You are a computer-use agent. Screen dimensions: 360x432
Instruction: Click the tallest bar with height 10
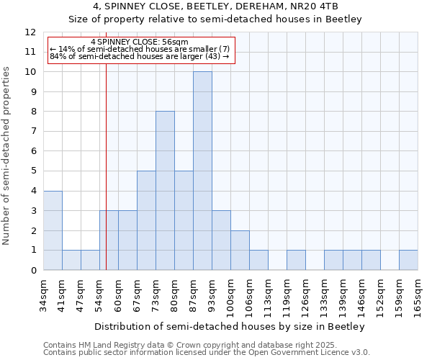(x=202, y=171)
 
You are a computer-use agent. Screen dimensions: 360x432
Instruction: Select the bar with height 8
(x=165, y=191)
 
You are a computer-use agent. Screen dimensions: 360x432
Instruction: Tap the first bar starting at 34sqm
(x=53, y=230)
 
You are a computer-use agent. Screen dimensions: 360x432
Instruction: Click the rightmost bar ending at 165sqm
(x=408, y=260)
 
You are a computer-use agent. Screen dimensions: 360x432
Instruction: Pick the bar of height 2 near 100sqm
(x=240, y=250)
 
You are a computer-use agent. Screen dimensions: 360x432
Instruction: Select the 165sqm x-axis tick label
(x=418, y=294)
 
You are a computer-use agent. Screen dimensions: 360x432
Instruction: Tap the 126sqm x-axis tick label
(x=305, y=294)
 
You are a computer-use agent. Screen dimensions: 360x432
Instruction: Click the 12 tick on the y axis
(x=30, y=32)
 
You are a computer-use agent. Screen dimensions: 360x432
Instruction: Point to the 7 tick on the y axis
(x=33, y=131)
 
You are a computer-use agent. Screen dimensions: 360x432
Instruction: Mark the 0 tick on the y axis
(x=33, y=270)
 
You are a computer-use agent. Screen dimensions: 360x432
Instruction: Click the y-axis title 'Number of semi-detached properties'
(x=8, y=155)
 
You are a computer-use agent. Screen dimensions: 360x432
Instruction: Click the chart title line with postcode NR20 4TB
(x=215, y=6)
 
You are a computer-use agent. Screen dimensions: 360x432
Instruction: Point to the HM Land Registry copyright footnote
(x=186, y=345)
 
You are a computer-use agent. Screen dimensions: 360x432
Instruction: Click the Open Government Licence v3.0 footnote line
(x=207, y=353)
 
